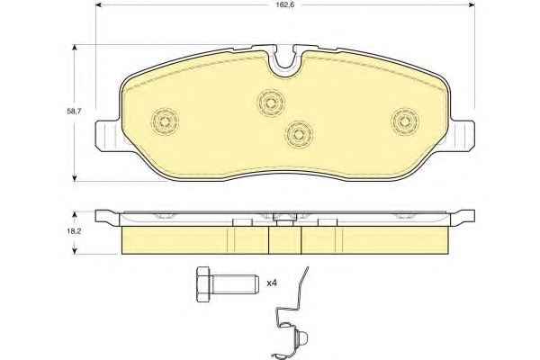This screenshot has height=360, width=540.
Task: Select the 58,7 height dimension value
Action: tap(74, 112)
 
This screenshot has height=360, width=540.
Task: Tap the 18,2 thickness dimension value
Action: tap(74, 231)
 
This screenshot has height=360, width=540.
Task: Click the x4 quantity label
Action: tap(272, 283)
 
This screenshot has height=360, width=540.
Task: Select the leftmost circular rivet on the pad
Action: tap(166, 121)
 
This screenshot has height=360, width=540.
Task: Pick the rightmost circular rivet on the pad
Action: tap(405, 121)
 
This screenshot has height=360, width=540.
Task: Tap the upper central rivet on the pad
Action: tap(271, 103)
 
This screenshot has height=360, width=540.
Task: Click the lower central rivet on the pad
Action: tap(299, 134)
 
